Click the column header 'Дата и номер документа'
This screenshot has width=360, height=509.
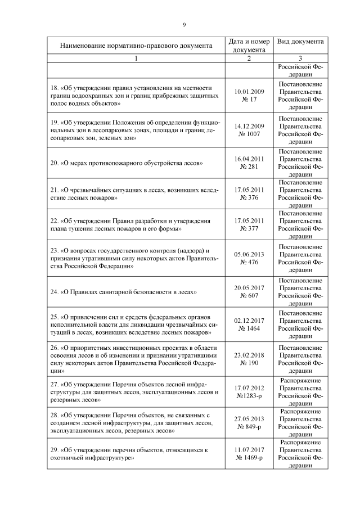click(249, 46)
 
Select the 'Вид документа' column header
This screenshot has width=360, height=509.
click(300, 42)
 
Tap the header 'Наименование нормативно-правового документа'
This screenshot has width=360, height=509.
click(136, 46)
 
